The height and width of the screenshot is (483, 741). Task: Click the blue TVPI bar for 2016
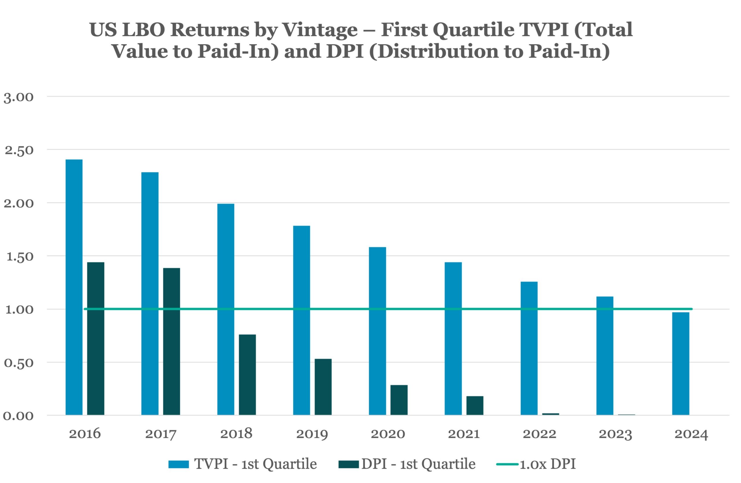tap(74, 287)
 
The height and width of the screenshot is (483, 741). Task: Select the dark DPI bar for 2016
tap(96, 339)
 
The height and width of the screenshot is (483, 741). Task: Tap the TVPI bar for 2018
tap(226, 309)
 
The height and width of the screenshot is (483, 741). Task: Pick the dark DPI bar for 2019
tap(323, 387)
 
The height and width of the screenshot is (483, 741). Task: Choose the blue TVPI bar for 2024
tap(681, 363)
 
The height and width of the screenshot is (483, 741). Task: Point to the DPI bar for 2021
tap(475, 405)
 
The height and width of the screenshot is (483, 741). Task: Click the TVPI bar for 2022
tap(529, 348)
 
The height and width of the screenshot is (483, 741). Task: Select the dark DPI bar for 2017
tap(172, 341)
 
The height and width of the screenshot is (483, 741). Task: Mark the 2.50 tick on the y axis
tap(19, 150)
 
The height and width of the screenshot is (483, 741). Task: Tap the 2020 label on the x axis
tap(388, 434)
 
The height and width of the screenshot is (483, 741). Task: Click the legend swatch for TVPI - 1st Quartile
tap(179, 464)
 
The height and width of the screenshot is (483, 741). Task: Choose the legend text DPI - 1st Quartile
tap(418, 464)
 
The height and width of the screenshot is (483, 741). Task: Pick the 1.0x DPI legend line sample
tap(507, 464)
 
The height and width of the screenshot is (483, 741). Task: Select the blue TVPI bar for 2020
tap(377, 331)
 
